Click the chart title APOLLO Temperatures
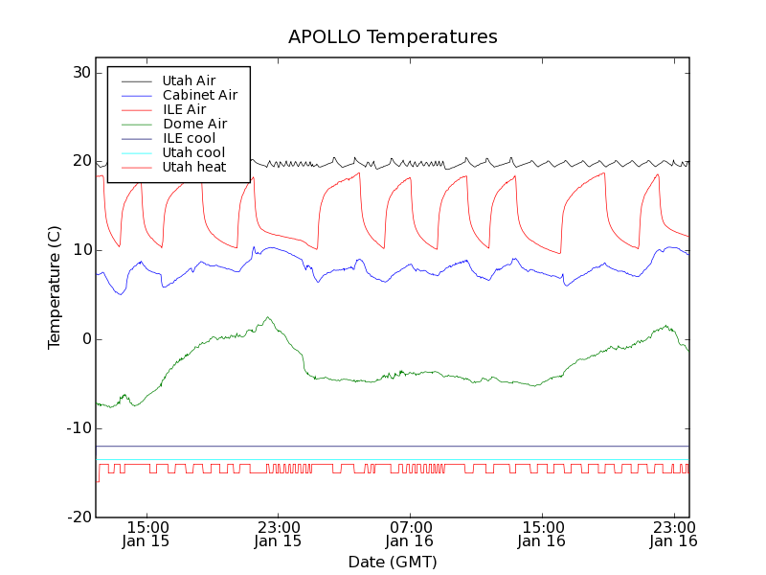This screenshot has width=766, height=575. point(393,37)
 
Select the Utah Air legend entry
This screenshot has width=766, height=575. point(189,80)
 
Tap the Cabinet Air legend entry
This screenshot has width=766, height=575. point(199,95)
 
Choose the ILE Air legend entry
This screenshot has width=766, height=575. point(184,109)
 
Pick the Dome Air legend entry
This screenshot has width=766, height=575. point(194,124)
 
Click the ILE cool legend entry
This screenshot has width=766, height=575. point(189,138)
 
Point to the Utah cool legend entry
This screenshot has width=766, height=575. point(193,152)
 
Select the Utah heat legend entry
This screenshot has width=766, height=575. point(193,167)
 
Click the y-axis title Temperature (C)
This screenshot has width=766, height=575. point(55,287)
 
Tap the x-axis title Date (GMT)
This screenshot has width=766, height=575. point(393,562)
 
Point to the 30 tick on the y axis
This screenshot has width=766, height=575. point(79,73)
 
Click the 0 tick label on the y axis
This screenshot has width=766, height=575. point(85,339)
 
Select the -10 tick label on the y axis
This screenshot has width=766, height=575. point(78,428)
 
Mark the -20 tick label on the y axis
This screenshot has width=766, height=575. point(78,517)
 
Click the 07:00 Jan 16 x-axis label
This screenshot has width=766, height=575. point(410,533)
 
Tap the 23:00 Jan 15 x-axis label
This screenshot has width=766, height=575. point(278,533)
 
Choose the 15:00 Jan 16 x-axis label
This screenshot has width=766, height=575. point(542,533)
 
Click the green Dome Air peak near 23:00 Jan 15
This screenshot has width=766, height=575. point(268,317)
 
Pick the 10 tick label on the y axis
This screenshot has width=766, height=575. point(79,250)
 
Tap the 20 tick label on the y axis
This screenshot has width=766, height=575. point(79,161)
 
